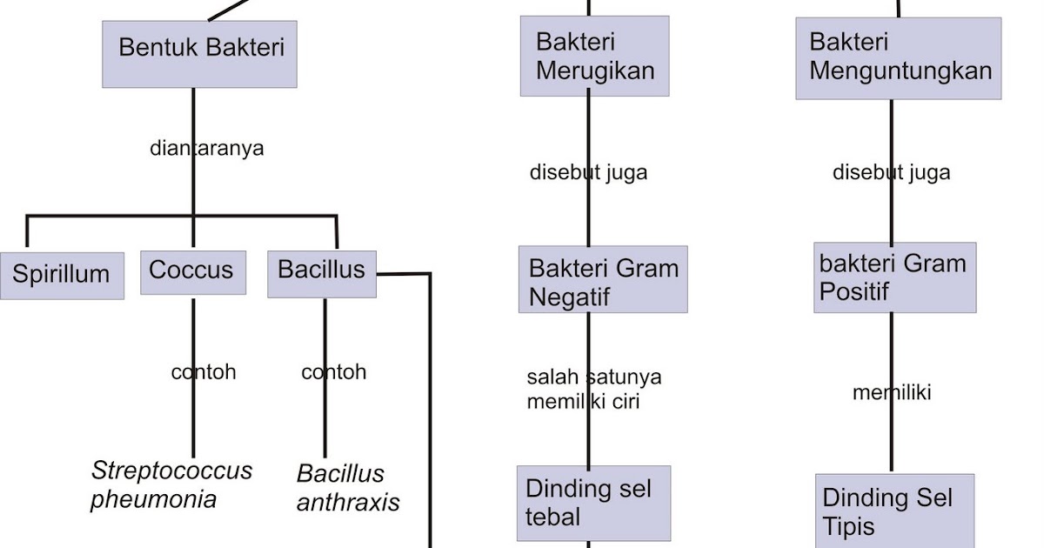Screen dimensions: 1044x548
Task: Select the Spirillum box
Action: click(62, 275)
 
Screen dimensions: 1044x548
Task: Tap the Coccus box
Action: click(192, 271)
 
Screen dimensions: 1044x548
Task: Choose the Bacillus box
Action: click(321, 273)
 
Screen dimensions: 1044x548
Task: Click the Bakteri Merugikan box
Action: click(595, 56)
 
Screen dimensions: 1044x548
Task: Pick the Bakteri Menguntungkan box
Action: click(898, 57)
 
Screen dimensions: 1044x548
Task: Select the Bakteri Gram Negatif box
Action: click(603, 280)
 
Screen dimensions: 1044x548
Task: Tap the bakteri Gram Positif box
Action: click(895, 277)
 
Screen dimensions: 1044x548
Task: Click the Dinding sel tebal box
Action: click(594, 503)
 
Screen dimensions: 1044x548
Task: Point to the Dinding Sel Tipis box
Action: click(894, 511)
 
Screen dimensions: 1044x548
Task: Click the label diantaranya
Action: click(206, 148)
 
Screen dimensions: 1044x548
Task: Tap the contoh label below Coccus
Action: click(204, 372)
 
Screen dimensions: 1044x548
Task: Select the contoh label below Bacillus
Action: click(334, 372)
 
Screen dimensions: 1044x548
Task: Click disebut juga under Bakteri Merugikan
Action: click(588, 172)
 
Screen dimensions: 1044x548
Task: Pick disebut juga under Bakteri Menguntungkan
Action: click(891, 172)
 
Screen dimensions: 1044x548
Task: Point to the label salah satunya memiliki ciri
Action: click(593, 389)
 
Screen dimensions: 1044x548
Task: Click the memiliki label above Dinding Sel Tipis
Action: click(892, 392)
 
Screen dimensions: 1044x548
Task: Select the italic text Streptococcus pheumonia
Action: click(171, 485)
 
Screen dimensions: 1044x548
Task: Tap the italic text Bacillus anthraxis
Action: click(348, 488)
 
